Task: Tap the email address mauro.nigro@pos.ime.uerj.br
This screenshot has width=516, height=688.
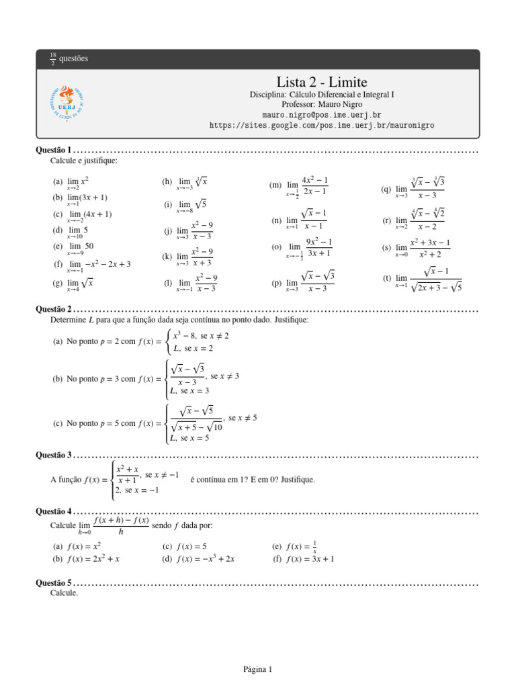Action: [322, 115]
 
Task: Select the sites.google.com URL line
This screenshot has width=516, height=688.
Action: [322, 125]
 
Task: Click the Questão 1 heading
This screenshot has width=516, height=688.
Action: [53, 150]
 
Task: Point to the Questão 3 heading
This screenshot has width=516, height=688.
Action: [53, 456]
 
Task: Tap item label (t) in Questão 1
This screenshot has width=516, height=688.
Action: [386, 278]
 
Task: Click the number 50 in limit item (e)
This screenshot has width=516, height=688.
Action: [89, 246]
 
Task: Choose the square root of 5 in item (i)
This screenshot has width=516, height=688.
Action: [200, 204]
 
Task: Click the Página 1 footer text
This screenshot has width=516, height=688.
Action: [257, 669]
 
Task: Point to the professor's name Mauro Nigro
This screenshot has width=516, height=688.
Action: [322, 105]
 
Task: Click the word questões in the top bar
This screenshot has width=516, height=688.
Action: [74, 58]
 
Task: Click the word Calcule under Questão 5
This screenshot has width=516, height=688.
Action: [64, 593]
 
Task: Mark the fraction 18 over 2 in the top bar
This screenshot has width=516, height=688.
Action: [53, 58]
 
